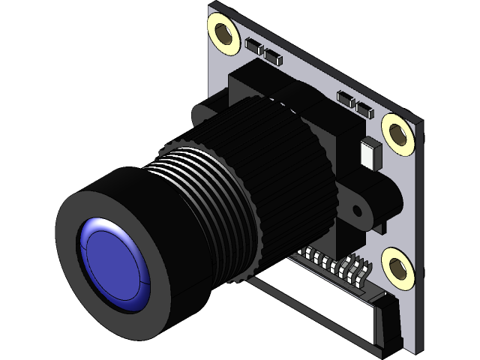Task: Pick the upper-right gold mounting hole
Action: coord(397,132)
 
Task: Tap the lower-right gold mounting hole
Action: coord(397,266)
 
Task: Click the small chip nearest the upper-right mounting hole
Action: coord(364,111)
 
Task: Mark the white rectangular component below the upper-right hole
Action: coord(370,153)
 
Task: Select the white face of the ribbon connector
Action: coord(315,300)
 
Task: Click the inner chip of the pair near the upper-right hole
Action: coord(347,100)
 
